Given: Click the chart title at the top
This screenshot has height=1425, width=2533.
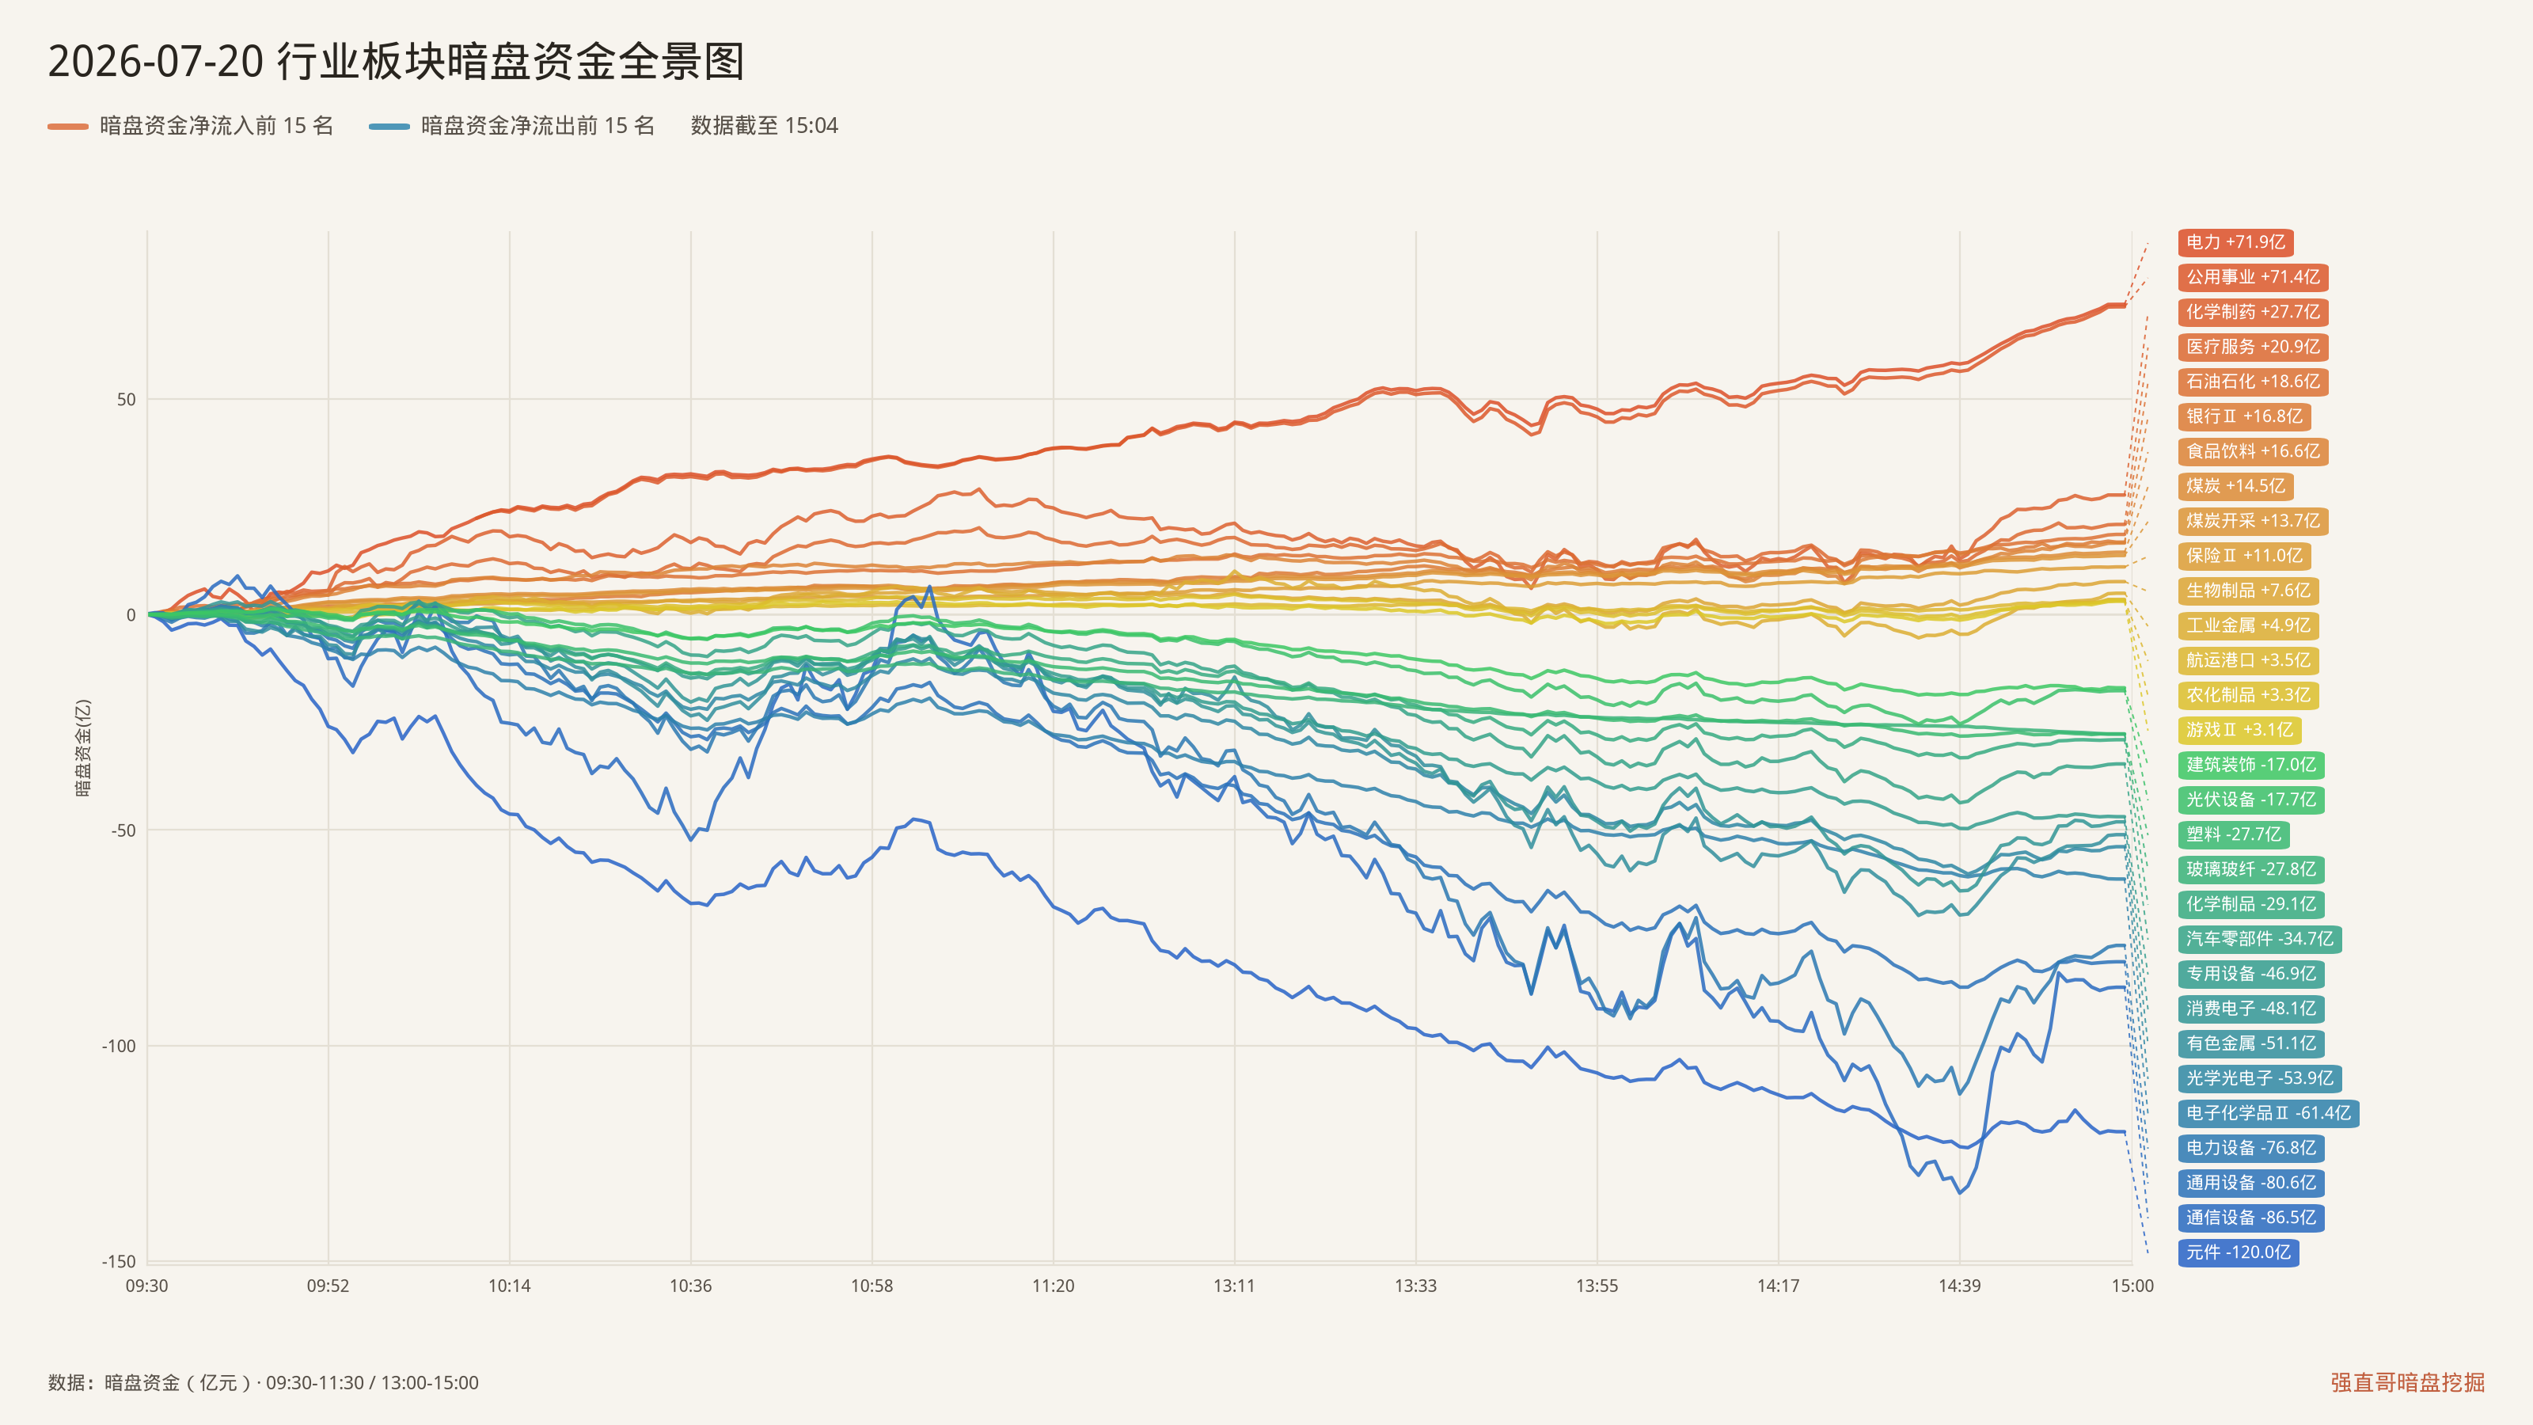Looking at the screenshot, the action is pos(397,61).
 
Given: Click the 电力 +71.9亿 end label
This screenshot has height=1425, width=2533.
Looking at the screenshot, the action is pos(2235,242).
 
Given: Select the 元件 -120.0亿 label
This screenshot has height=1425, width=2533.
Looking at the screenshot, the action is pos(2238,1252).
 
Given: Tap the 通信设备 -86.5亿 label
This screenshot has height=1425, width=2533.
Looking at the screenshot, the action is pos(2250,1218).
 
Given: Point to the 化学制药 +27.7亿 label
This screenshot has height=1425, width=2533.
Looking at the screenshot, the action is pos(2253,312).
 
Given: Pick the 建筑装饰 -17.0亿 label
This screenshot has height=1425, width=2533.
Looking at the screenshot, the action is pos(2250,764).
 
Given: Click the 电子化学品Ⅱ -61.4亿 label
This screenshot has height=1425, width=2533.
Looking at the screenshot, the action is pos(2269,1113).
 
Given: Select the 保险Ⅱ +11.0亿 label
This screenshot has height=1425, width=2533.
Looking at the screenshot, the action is pos(2244,556).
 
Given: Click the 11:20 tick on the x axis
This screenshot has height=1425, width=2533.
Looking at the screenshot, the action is pos(1053,1286).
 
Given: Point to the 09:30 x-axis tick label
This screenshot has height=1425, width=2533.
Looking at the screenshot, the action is pos(146,1286).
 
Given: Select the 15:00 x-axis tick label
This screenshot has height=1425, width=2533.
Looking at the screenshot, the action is pos(2132,1286).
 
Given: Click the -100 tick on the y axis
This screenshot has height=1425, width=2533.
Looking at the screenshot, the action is pos(119,1045).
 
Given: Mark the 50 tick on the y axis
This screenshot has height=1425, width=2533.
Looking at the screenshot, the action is pos(126,399).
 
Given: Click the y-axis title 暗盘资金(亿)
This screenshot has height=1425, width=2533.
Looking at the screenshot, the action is pos(84,747).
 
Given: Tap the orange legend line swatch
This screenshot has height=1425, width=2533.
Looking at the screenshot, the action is pos(68,126).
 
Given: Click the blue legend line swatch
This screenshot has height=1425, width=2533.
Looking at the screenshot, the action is pos(389,126).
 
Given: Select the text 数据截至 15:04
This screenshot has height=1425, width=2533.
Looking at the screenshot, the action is pos(764,126).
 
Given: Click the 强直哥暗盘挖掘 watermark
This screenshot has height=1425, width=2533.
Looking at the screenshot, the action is pos(2407,1381).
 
